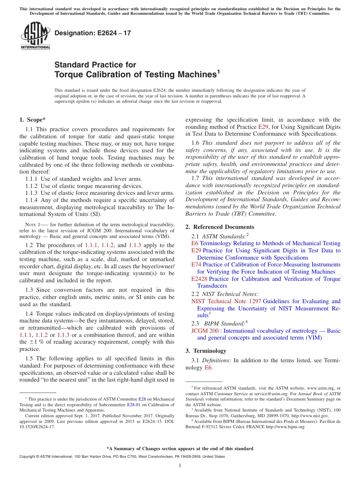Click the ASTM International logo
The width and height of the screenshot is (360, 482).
coord(35,36)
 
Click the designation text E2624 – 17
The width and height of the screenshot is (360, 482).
coord(93,33)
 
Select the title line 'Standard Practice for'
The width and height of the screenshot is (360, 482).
coord(95,65)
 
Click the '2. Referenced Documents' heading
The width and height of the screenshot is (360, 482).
coord(220,227)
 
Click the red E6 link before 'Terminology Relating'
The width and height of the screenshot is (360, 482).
coord(195,243)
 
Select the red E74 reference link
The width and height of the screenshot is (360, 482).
coord(196,264)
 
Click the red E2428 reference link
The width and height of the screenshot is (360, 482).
coord(199,279)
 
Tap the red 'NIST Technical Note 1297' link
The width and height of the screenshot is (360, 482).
coord(226,301)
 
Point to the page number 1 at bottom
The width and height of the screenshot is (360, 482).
coord(180,466)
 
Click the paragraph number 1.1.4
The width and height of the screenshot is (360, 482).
coord(33,200)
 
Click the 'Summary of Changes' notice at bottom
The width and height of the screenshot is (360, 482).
coord(180,449)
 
